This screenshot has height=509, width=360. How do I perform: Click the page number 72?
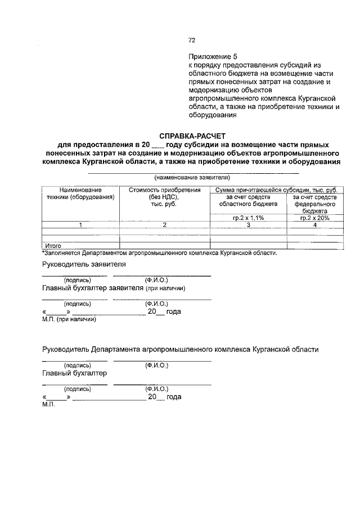click(x=191, y=40)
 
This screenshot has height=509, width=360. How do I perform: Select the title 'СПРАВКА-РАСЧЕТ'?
click(x=191, y=136)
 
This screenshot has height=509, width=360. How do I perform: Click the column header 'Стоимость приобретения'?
click(x=164, y=190)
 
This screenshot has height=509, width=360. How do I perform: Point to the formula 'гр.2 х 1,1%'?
click(x=248, y=217)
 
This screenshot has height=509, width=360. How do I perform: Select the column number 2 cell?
click(x=164, y=225)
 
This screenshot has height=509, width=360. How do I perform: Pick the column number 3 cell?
click(x=248, y=225)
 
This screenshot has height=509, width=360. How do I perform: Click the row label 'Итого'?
click(x=52, y=246)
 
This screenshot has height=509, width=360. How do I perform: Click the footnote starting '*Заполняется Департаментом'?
click(x=160, y=253)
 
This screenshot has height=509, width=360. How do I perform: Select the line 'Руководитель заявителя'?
click(x=84, y=264)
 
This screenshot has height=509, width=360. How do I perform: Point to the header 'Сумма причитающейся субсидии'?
click(x=273, y=190)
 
